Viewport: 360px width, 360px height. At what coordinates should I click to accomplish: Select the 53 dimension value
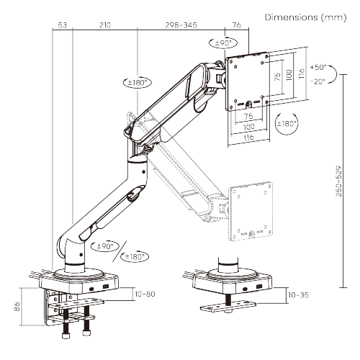point(62,25)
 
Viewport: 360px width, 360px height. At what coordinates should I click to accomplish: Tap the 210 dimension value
point(104,25)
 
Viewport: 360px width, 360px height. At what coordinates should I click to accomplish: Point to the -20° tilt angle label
point(318,81)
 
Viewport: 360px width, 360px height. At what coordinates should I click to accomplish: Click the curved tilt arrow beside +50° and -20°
point(336,74)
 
